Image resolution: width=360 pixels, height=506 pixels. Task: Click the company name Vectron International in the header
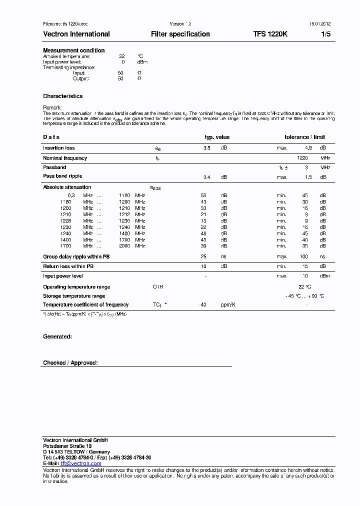pyautogui.click(x=76, y=34)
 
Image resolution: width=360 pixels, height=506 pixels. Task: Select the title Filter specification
pyautogui.click(x=180, y=34)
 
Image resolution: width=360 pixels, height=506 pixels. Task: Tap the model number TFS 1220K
pyautogui.click(x=270, y=34)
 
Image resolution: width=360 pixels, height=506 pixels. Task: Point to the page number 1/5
pyautogui.click(x=325, y=34)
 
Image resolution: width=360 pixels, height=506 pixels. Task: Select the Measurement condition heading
pyautogui.click(x=74, y=50)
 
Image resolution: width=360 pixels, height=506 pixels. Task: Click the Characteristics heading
pyautogui.click(x=63, y=96)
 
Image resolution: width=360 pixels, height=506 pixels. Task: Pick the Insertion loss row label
pyautogui.click(x=59, y=148)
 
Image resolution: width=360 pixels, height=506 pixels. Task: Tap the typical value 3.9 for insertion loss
pyautogui.click(x=206, y=148)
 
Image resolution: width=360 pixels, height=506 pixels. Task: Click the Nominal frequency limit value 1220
pyautogui.click(x=302, y=158)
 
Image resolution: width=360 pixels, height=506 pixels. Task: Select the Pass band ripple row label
pyautogui.click(x=62, y=176)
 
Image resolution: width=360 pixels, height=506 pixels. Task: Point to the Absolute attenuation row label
pyautogui.click(x=67, y=187)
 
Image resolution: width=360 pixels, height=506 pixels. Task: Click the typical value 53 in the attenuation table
pyautogui.click(x=203, y=195)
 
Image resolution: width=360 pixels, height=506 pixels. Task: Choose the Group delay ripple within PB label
pyautogui.click(x=76, y=256)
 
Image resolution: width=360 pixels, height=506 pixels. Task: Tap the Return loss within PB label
pyautogui.click(x=68, y=266)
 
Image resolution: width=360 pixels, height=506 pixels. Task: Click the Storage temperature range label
pyautogui.click(x=74, y=296)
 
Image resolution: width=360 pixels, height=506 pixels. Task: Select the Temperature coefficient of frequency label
pyautogui.click(x=85, y=304)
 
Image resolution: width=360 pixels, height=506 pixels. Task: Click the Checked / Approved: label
pyautogui.click(x=70, y=362)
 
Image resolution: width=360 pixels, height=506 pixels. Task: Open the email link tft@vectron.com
pyautogui.click(x=80, y=463)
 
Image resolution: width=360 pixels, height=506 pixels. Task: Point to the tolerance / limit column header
pyautogui.click(x=304, y=137)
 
